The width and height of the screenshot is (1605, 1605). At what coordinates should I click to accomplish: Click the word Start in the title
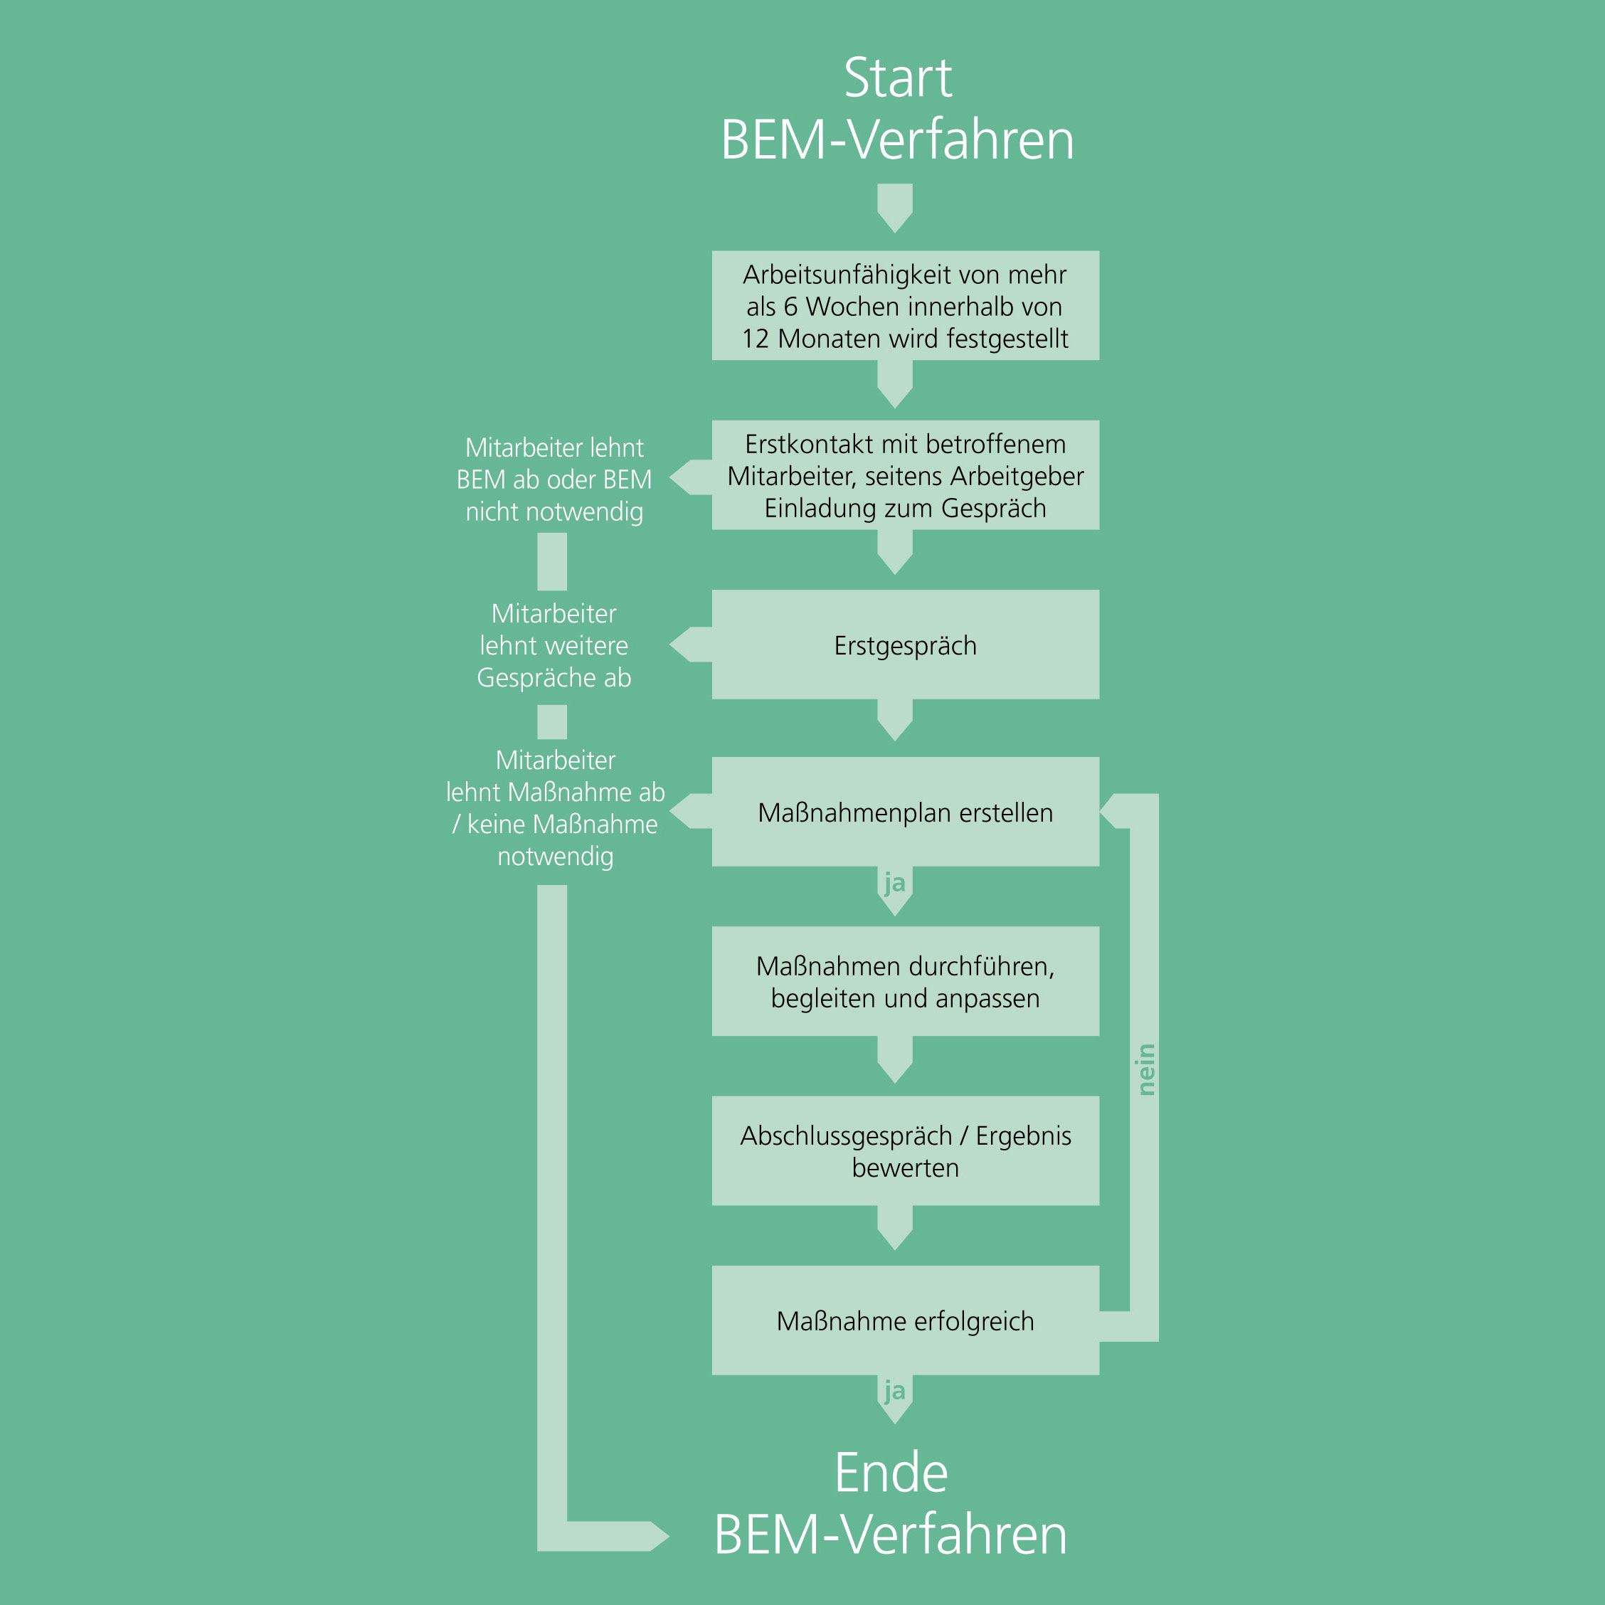(897, 78)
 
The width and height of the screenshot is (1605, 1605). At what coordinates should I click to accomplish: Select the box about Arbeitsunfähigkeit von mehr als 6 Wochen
(906, 305)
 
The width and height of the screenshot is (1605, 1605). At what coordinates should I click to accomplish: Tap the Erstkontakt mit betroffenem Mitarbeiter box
(906, 475)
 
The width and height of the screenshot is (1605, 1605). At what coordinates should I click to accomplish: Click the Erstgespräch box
(906, 645)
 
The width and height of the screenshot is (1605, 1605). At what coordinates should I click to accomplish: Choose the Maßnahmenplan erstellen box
(906, 812)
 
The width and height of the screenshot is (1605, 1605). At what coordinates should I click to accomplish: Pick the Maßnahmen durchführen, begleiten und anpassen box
(906, 981)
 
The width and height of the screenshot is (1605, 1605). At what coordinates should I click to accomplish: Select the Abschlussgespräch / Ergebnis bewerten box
(906, 1150)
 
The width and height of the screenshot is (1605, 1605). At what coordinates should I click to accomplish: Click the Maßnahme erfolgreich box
(906, 1320)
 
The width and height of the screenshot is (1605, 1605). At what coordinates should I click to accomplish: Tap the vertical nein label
(1145, 1069)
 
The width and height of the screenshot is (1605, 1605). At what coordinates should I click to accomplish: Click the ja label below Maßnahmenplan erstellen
(895, 882)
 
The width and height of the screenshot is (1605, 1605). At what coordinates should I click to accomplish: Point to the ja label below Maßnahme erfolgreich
(895, 1391)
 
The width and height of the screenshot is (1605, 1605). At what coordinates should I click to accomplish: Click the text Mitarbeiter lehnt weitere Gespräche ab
(554, 645)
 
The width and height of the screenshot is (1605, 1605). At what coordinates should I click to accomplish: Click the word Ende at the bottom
(891, 1472)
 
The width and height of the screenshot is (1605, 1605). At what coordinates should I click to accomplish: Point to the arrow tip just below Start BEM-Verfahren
(895, 231)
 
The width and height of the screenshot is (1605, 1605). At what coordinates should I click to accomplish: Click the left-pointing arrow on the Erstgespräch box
(690, 645)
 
